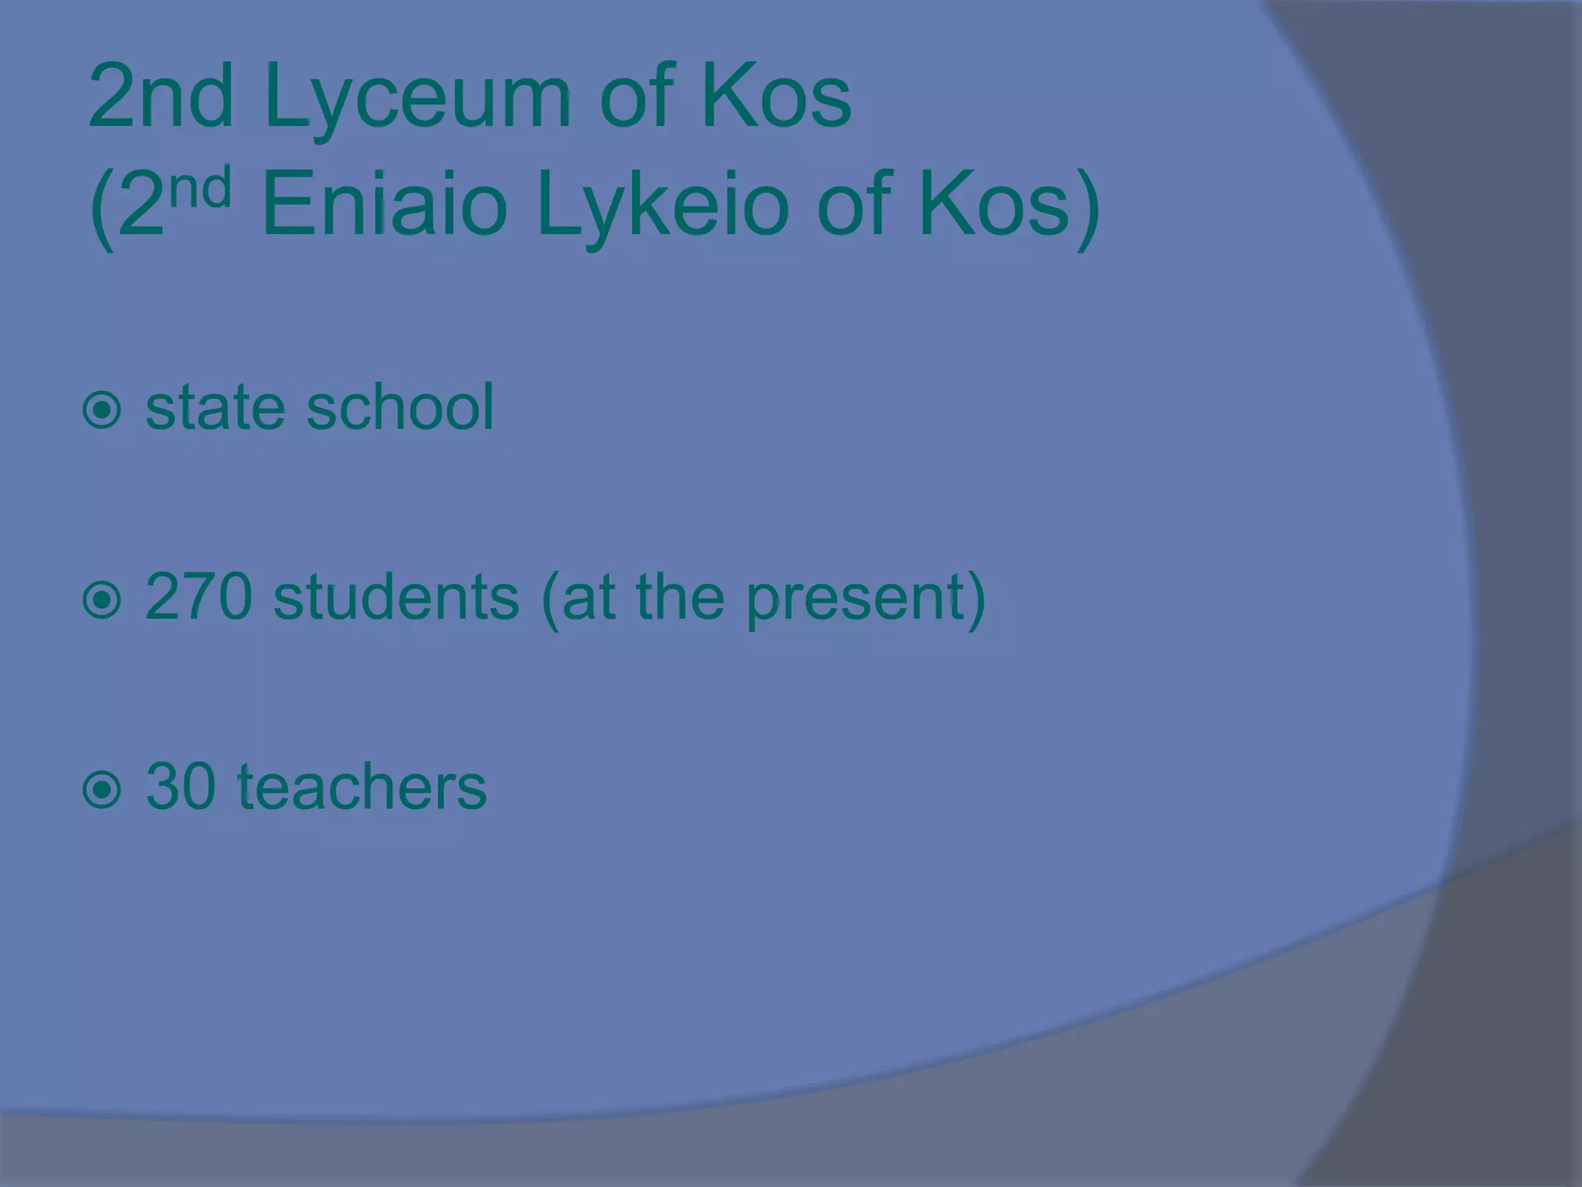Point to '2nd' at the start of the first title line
(x=161, y=99)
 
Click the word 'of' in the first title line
(x=634, y=99)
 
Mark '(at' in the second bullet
(x=579, y=599)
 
